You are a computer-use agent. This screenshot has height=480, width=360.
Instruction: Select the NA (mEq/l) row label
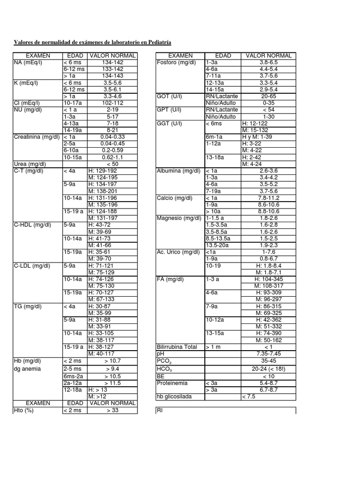pos(28,62)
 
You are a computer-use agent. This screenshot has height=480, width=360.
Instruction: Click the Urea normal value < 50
pos(112,164)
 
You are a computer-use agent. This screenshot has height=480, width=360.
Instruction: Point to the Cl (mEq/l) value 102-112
pos(112,103)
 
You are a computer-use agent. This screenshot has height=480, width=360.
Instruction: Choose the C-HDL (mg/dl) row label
pos(32,225)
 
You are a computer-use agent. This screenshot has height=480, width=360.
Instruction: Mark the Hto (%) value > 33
pos(112,410)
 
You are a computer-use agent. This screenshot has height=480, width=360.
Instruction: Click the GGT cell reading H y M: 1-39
pos(257,136)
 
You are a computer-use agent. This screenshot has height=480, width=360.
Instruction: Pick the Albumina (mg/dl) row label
pos(178,171)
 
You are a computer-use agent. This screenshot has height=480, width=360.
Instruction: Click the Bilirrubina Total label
pos(177,347)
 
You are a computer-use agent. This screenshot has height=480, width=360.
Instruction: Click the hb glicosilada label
pos(175,397)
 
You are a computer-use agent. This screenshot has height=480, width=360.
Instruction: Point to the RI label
pos(159,410)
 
